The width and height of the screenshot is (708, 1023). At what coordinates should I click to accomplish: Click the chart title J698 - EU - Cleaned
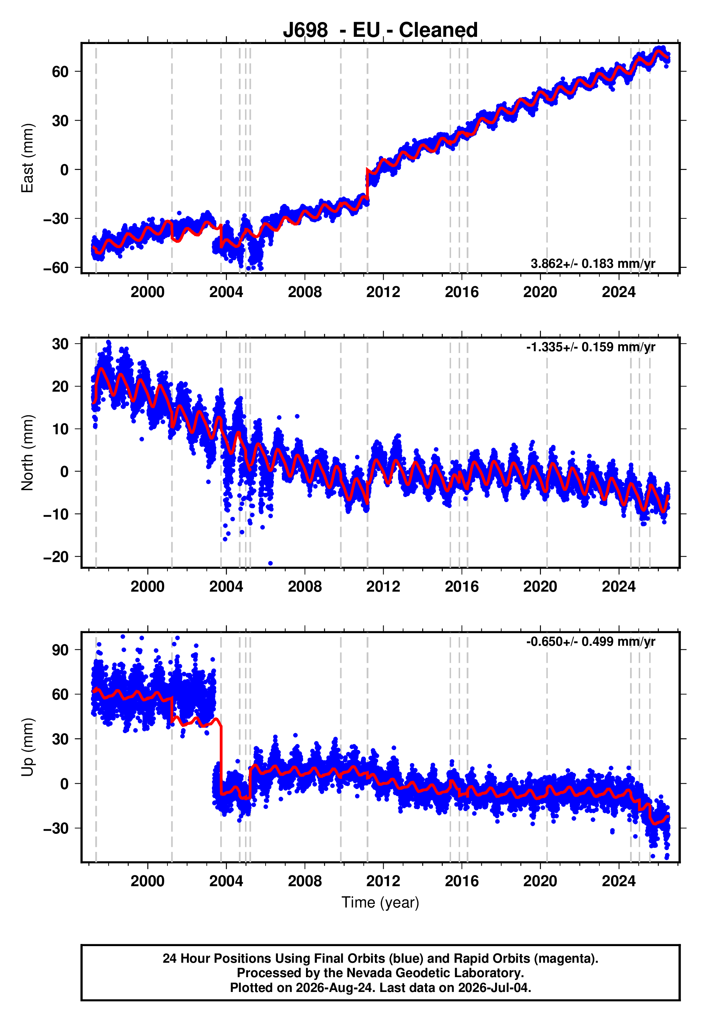click(x=380, y=30)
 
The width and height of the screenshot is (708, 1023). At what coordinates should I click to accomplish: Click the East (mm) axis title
click(x=27, y=158)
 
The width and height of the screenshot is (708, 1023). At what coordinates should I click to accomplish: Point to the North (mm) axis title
click(x=27, y=453)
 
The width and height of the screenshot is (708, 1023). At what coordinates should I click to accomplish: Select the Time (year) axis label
click(x=380, y=903)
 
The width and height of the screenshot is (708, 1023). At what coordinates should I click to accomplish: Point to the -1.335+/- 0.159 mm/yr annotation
click(x=590, y=347)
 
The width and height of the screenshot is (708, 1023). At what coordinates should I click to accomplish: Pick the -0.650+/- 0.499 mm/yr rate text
click(x=590, y=641)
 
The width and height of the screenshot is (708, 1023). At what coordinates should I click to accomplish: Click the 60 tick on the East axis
click(x=60, y=71)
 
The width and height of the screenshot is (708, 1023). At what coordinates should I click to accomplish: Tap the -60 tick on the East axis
click(x=56, y=267)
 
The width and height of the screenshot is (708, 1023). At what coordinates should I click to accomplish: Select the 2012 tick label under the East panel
click(x=383, y=292)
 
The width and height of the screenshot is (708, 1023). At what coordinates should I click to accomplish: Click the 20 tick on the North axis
click(x=60, y=386)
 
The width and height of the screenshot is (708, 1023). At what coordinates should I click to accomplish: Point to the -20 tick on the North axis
click(x=56, y=557)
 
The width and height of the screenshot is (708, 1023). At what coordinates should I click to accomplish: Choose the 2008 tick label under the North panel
click(x=305, y=587)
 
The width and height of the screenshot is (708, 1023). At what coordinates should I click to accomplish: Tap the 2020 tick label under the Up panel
click(x=540, y=881)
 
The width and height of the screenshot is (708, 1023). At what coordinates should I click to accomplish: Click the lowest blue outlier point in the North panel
click(x=271, y=563)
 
